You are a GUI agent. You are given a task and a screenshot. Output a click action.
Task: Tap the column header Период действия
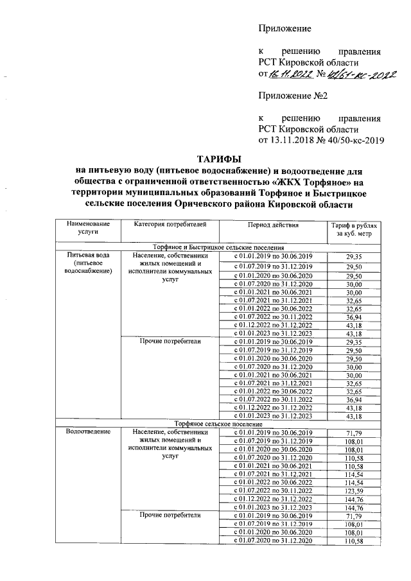270,242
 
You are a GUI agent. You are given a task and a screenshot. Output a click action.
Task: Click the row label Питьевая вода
89,273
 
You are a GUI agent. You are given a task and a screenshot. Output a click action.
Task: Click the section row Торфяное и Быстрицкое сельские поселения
218,264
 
